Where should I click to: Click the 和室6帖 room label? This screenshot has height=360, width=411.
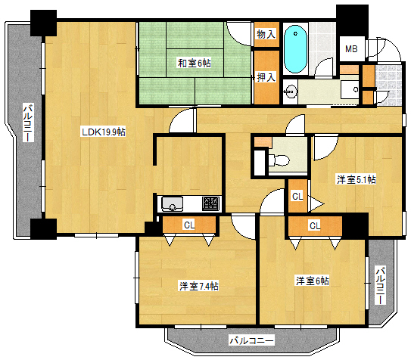195,63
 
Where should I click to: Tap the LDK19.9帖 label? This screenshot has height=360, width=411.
104,132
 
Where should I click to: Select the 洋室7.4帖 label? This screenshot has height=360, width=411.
198,286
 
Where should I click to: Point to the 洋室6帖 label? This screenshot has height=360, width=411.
312,281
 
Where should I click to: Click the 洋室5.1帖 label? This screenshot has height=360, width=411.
357,179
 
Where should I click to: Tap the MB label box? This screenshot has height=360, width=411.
351,49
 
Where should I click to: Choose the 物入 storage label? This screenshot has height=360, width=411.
266,35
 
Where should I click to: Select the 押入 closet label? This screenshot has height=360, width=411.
266,76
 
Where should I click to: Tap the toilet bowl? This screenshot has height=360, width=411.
277,159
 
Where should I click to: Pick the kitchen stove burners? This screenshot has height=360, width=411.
211,203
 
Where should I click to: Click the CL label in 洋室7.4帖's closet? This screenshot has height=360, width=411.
188,225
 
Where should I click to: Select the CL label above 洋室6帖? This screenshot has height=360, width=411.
314,225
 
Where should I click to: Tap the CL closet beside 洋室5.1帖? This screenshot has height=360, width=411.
297,196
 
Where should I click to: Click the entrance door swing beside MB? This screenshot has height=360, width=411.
378,49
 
